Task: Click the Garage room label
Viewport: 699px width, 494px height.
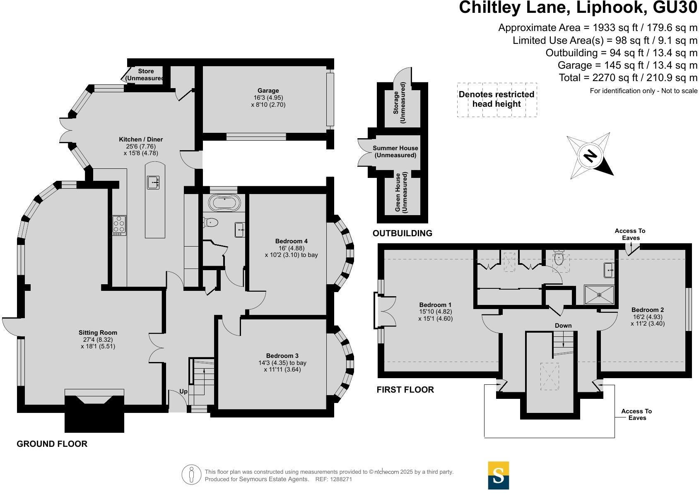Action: [x=268, y=91]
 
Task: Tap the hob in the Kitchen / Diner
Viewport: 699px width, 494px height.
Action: [x=119, y=225]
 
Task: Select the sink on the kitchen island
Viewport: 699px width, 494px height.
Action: [x=153, y=182]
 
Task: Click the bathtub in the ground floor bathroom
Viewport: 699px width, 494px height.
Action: [x=224, y=203]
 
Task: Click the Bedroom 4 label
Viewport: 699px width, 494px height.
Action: [x=291, y=241]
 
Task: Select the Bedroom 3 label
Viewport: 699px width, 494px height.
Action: [x=282, y=356]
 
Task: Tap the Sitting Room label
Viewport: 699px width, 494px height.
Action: [x=98, y=333]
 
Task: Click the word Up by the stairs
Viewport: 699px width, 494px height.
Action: [x=183, y=391]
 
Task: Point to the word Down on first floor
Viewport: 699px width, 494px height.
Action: [x=563, y=326]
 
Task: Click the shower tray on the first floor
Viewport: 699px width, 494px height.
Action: [x=599, y=295]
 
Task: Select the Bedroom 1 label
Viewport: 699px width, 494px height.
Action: [x=435, y=305]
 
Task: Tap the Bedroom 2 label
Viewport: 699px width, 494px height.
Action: [x=647, y=310]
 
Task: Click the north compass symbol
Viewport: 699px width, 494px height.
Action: [x=590, y=156]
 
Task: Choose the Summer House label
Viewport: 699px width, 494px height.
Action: [x=395, y=148]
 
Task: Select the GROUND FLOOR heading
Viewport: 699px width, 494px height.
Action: [x=52, y=444]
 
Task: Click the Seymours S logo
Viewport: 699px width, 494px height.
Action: [x=498, y=475]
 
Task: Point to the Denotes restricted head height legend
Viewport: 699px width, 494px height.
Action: [x=497, y=99]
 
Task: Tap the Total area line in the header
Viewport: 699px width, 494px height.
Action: [x=628, y=77]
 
